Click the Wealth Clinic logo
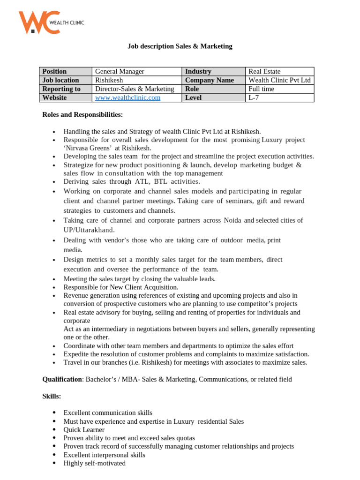pos(51,22)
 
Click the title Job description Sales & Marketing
pos(180,46)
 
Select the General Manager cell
pos(120,71)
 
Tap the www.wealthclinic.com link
pos(127,97)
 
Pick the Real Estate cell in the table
pos(264,71)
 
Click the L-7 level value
pos(255,97)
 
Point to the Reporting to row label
pos(61,89)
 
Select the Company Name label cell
pos(209,80)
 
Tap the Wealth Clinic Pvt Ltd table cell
pos(279,80)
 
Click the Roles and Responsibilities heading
pos(82,114)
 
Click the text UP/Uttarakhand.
pos(89,230)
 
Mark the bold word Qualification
pos(62,379)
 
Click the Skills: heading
pos(52,396)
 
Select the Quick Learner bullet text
pos(84,430)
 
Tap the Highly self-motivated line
pos(94,463)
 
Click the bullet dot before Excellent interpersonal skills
pos(54,455)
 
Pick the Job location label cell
pos(61,80)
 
